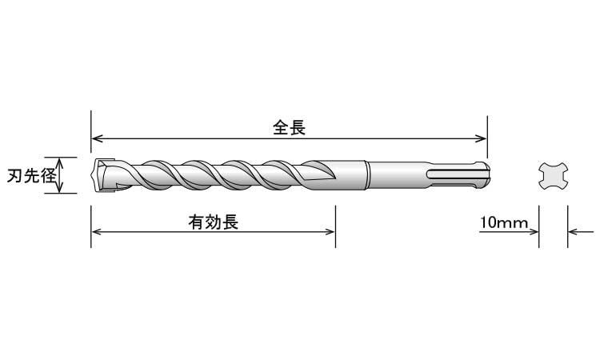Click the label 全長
(x=289, y=127)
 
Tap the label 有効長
(x=214, y=222)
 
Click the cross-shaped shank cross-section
(x=553, y=176)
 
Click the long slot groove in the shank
(x=452, y=174)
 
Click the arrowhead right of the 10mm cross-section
(x=573, y=232)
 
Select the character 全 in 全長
(x=280, y=127)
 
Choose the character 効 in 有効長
(x=214, y=222)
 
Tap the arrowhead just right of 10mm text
(x=533, y=232)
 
